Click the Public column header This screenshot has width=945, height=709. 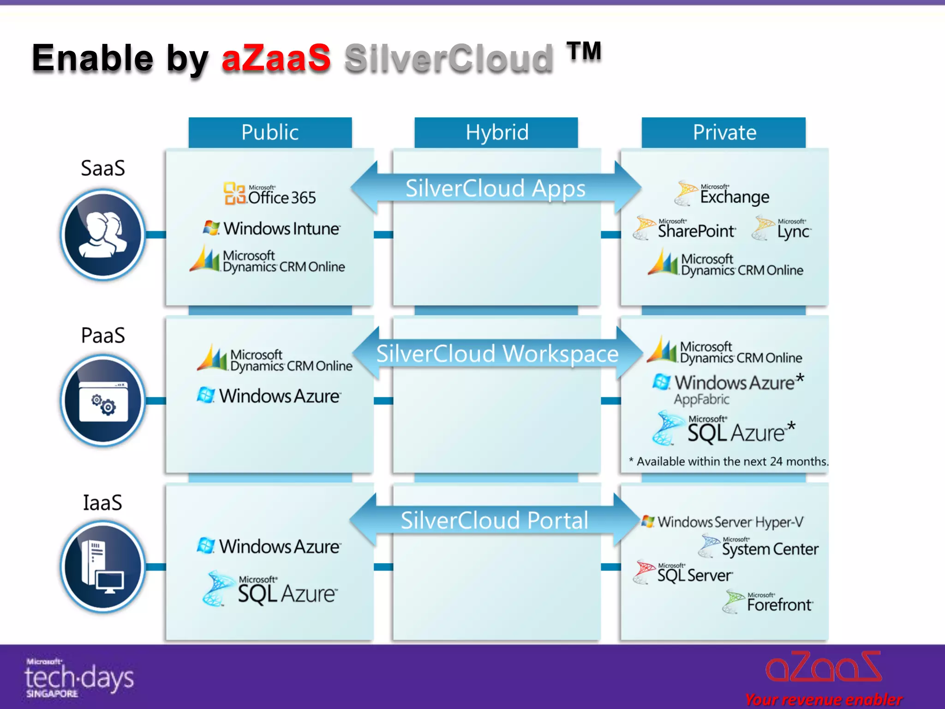coord(270,132)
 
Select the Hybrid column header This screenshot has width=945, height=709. coord(496,132)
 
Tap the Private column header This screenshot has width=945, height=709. coord(724,132)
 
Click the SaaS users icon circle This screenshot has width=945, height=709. coord(103,234)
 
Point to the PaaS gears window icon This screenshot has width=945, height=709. coord(103,401)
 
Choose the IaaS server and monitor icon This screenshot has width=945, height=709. coord(103,567)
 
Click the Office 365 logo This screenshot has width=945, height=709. coord(270,194)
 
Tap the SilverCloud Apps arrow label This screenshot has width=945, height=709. coord(496,188)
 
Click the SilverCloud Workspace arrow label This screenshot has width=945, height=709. coord(497,354)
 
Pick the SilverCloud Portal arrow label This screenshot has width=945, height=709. coord(495,520)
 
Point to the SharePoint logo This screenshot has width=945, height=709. coord(685,228)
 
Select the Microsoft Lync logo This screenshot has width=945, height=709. coord(781,228)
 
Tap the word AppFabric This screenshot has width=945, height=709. coord(701,399)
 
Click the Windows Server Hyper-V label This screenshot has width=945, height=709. coord(723,522)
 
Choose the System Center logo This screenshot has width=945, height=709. coord(759,547)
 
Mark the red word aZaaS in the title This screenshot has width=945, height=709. coord(276,58)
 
